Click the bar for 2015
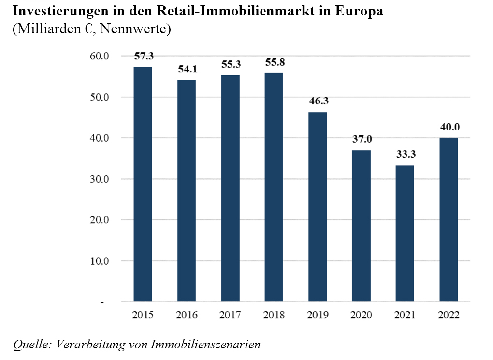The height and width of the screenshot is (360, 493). click(x=143, y=184)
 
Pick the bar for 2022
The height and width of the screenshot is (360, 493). click(x=449, y=220)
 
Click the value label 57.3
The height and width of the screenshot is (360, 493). click(x=144, y=57)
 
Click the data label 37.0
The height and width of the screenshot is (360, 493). click(x=362, y=140)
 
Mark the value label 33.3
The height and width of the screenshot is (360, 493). click(x=405, y=155)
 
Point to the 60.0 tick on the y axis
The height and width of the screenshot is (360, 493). click(x=100, y=56)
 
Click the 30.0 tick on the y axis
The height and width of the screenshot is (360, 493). click(x=100, y=179)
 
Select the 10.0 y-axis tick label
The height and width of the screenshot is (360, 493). click(x=100, y=261)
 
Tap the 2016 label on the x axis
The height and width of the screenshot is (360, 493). click(x=187, y=316)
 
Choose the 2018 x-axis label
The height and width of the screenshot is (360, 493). click(x=274, y=316)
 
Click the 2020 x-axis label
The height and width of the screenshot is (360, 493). click(x=361, y=316)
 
